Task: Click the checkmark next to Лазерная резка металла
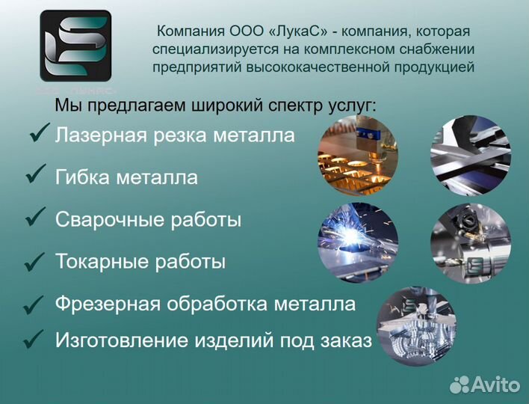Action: pyautogui.click(x=38, y=134)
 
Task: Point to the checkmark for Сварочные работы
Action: pyautogui.click(x=35, y=218)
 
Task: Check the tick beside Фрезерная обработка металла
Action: pyautogui.click(x=34, y=304)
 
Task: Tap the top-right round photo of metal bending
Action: pyautogui.click(x=470, y=156)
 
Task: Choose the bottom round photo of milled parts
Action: pyautogui.click(x=415, y=322)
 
